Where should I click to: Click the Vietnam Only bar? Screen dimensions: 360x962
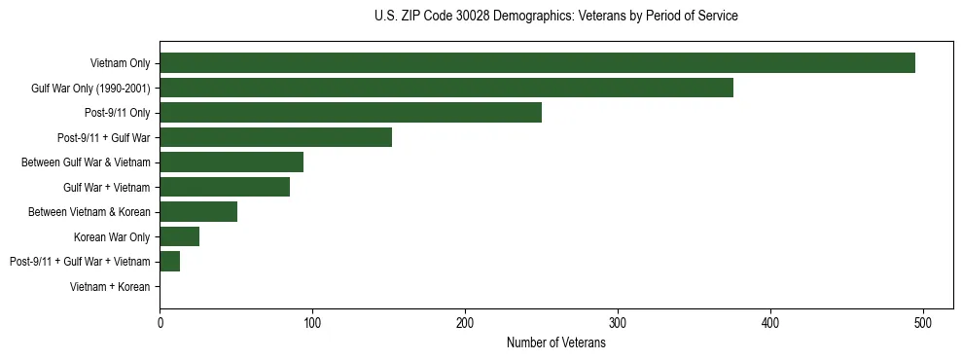(537, 63)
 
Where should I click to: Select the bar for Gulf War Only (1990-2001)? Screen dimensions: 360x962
(446, 88)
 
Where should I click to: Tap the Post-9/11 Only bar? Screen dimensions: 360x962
(350, 113)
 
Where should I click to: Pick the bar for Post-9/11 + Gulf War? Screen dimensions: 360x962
(275, 137)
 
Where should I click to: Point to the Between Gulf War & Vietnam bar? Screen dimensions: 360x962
(232, 162)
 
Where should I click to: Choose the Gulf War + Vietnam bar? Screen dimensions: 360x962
(225, 187)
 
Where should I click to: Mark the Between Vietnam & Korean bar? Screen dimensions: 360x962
(198, 212)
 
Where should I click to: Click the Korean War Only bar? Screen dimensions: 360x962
(179, 236)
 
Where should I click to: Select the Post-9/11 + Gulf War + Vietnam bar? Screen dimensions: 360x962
(169, 262)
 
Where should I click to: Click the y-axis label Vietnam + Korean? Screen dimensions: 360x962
(110, 287)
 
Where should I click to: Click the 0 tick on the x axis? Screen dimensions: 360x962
(160, 323)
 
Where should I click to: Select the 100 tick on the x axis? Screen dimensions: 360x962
(312, 323)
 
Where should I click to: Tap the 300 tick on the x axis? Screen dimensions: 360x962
(618, 323)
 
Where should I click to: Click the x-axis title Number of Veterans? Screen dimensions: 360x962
(555, 343)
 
